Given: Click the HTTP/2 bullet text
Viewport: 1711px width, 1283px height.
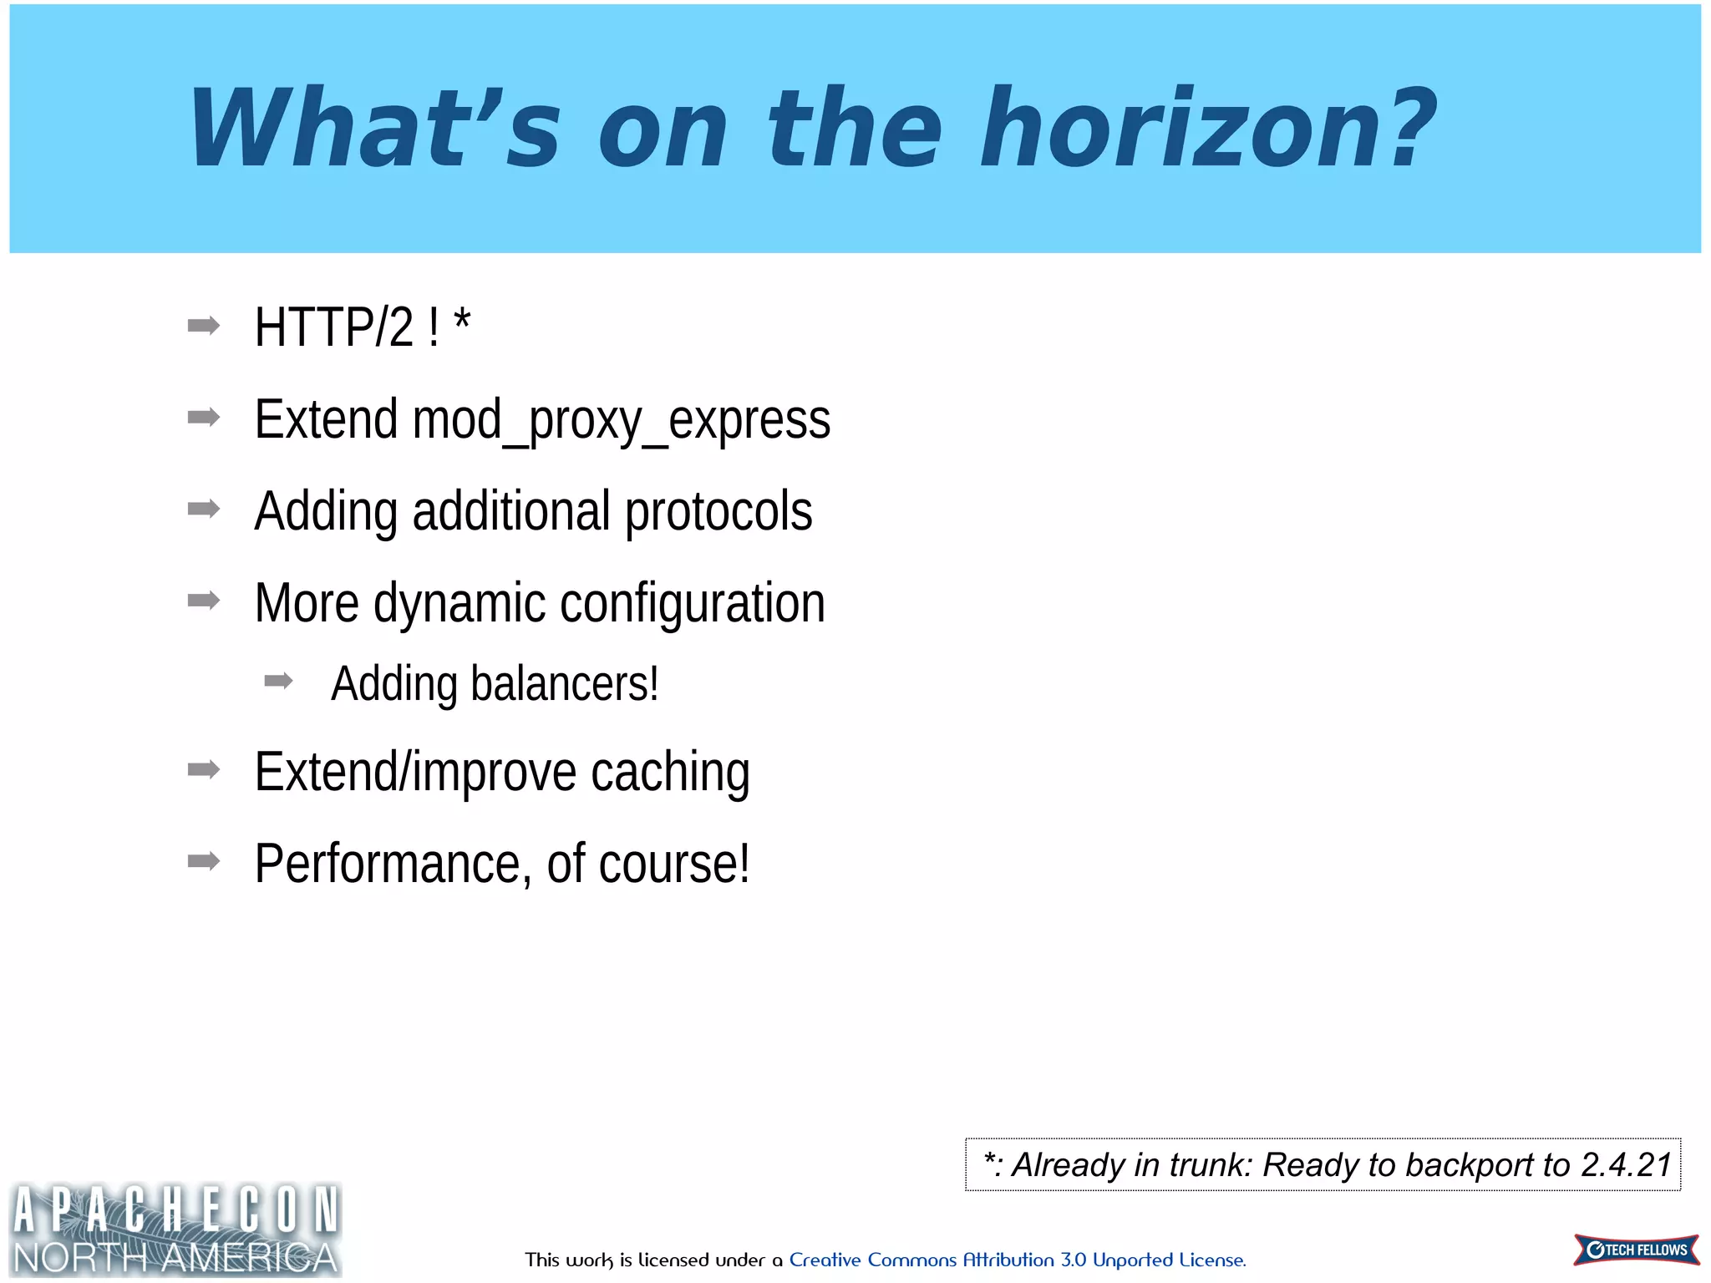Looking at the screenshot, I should pyautogui.click(x=334, y=327).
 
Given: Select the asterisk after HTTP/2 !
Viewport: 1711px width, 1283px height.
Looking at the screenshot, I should pyautogui.click(x=462, y=320).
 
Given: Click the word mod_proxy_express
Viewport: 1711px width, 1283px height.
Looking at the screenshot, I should pyautogui.click(x=621, y=420).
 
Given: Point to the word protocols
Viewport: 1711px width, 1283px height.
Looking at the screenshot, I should pyautogui.click(x=718, y=512).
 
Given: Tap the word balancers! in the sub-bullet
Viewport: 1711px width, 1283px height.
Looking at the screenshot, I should pyautogui.click(x=565, y=684).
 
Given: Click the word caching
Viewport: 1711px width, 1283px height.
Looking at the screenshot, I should pyautogui.click(x=670, y=772).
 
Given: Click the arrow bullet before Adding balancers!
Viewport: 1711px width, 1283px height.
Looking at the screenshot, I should pyautogui.click(x=278, y=682).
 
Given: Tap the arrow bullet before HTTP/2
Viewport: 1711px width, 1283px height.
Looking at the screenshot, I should pyautogui.click(x=204, y=326).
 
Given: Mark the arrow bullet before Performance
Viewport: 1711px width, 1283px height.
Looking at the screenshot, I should pyautogui.click(x=204, y=861).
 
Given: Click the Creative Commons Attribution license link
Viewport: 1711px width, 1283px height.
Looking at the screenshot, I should pyautogui.click(x=1017, y=1260).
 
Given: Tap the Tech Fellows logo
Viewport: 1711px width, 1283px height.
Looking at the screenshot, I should pyautogui.click(x=1636, y=1250).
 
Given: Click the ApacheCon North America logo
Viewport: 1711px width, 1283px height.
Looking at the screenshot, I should pyautogui.click(x=175, y=1230).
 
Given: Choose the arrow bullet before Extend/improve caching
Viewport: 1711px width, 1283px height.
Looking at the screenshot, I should pyautogui.click(x=204, y=769).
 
